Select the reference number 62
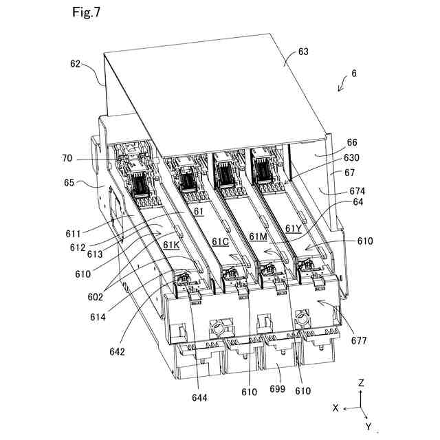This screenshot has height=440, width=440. click(75, 65)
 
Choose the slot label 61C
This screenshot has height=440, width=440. click(220, 241)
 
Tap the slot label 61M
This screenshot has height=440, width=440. click(258, 236)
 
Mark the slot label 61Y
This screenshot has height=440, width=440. click(294, 228)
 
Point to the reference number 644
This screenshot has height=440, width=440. click(200, 397)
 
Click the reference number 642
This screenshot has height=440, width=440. click(116, 352)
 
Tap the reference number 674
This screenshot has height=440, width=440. click(357, 190)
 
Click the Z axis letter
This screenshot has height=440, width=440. click(362, 382)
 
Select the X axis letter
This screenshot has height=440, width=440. click(335, 407)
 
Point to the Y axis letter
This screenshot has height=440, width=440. click(368, 426)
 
